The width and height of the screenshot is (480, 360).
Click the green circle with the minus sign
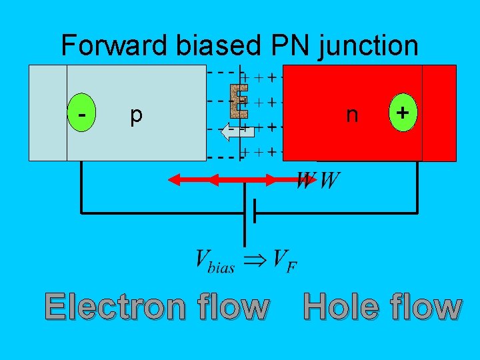pyautogui.click(x=82, y=114)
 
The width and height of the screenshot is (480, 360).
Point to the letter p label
pyautogui.click(x=136, y=115)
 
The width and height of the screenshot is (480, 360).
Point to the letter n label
pyautogui.click(x=352, y=115)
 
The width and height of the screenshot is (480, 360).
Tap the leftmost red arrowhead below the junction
pyautogui.click(x=173, y=179)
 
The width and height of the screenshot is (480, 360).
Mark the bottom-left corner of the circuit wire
pyautogui.click(x=81, y=213)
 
